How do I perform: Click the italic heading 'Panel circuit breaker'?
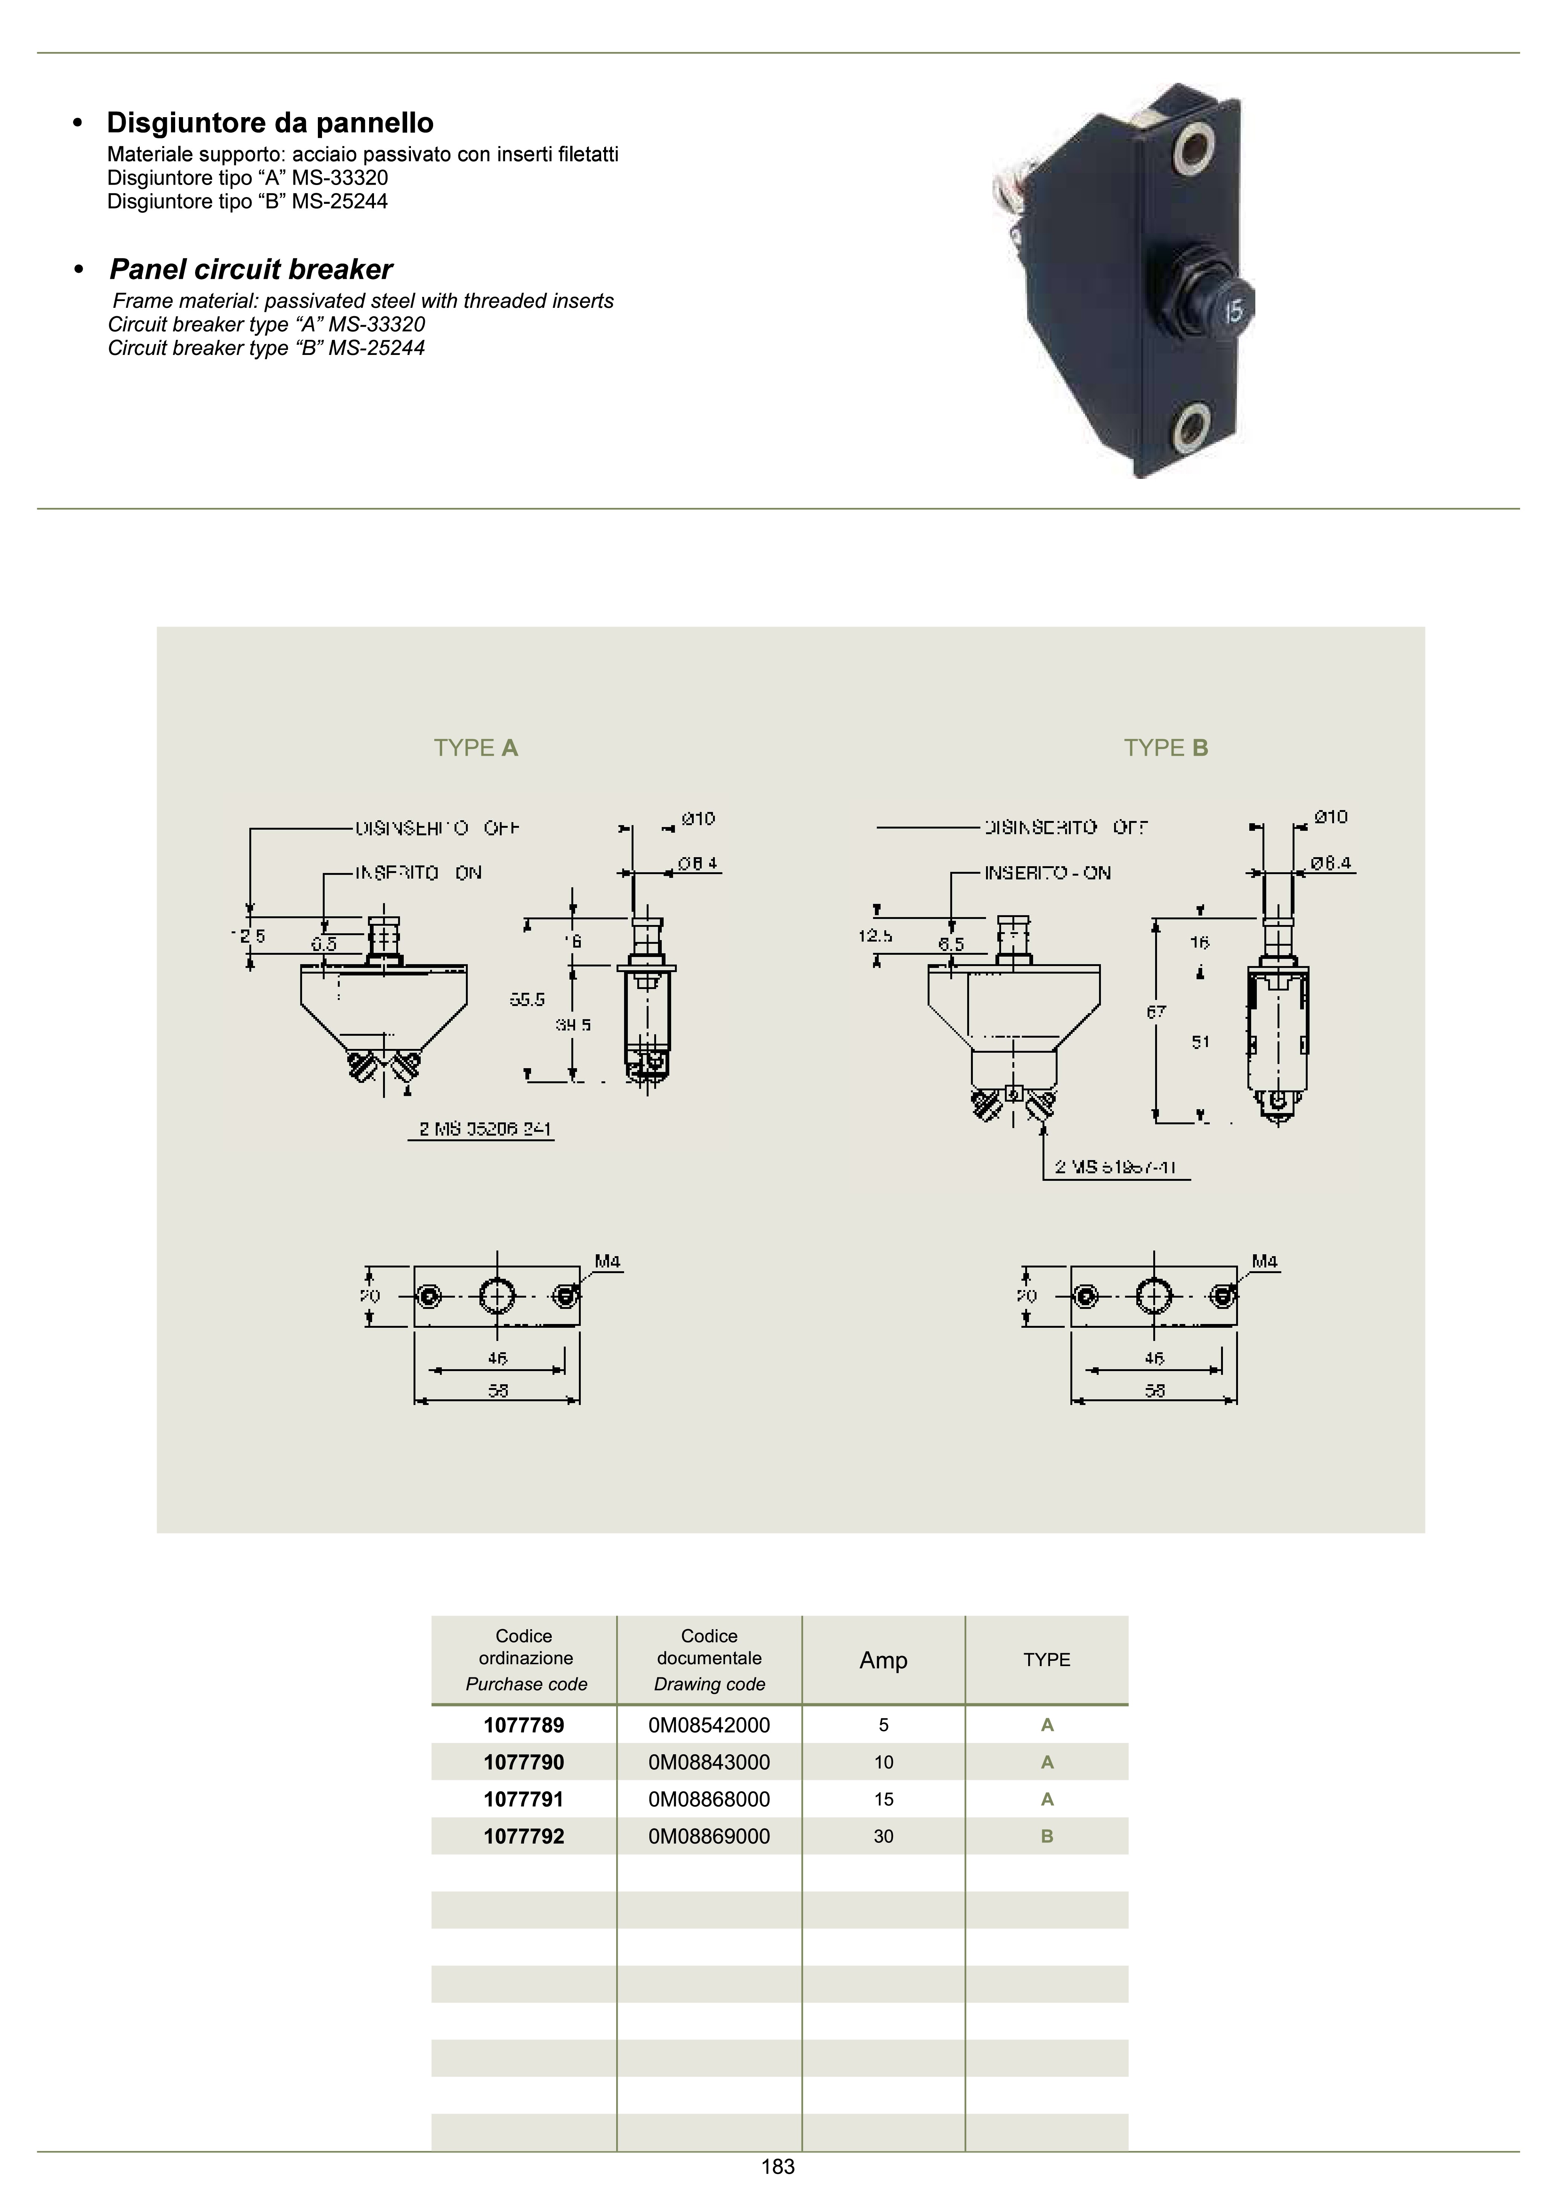[251, 270]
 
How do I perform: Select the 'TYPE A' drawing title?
[476, 748]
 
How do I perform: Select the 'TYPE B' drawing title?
[1166, 748]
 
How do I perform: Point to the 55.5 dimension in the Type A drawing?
[527, 1000]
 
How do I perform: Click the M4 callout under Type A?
[607, 1262]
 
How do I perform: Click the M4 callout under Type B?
[1264, 1262]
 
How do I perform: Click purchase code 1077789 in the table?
[524, 1725]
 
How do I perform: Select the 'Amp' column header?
[884, 1661]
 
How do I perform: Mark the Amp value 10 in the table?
[884, 1763]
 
